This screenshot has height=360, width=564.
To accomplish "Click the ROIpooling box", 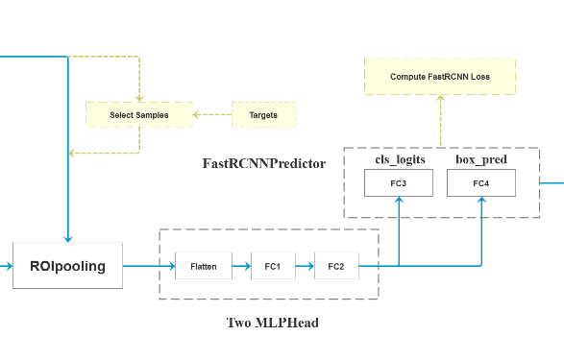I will (67, 265).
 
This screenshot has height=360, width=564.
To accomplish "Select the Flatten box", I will (204, 265).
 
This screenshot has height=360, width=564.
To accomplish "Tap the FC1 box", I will (273, 265).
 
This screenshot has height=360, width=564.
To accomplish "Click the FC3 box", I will (398, 182).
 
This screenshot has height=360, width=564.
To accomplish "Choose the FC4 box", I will (480, 182).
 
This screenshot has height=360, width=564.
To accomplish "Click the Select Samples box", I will (139, 115).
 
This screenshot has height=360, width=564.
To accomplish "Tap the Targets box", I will (263, 115).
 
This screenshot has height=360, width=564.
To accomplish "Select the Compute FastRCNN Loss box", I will (440, 76).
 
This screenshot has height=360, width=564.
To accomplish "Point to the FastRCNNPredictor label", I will (263, 163).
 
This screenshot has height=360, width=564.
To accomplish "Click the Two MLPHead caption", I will (272, 323).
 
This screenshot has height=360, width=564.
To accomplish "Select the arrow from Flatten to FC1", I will (241, 265).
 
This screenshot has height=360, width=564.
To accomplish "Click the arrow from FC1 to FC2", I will (305, 265).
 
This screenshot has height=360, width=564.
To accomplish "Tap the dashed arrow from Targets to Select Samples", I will (213, 115).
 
